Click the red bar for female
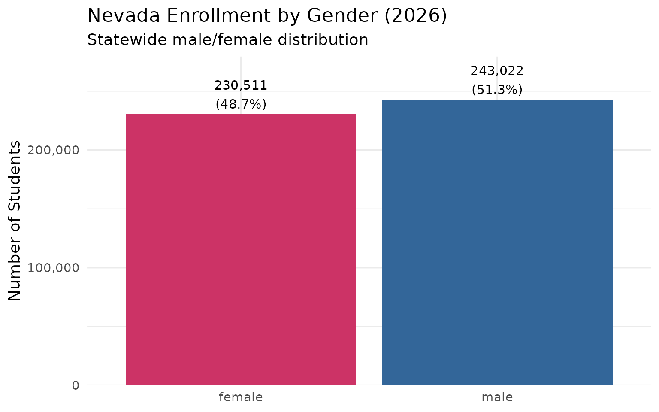(241, 249)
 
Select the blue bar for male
(497, 242)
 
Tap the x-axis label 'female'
(241, 397)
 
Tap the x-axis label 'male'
(497, 397)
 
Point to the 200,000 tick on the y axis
(53, 150)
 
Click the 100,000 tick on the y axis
(53, 268)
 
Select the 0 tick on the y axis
(76, 385)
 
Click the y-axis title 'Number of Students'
(15, 221)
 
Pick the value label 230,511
(241, 86)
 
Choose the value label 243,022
(497, 71)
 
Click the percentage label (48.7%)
(241, 104)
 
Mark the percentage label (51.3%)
(497, 90)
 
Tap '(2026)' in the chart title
(415, 16)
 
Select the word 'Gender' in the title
(342, 16)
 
